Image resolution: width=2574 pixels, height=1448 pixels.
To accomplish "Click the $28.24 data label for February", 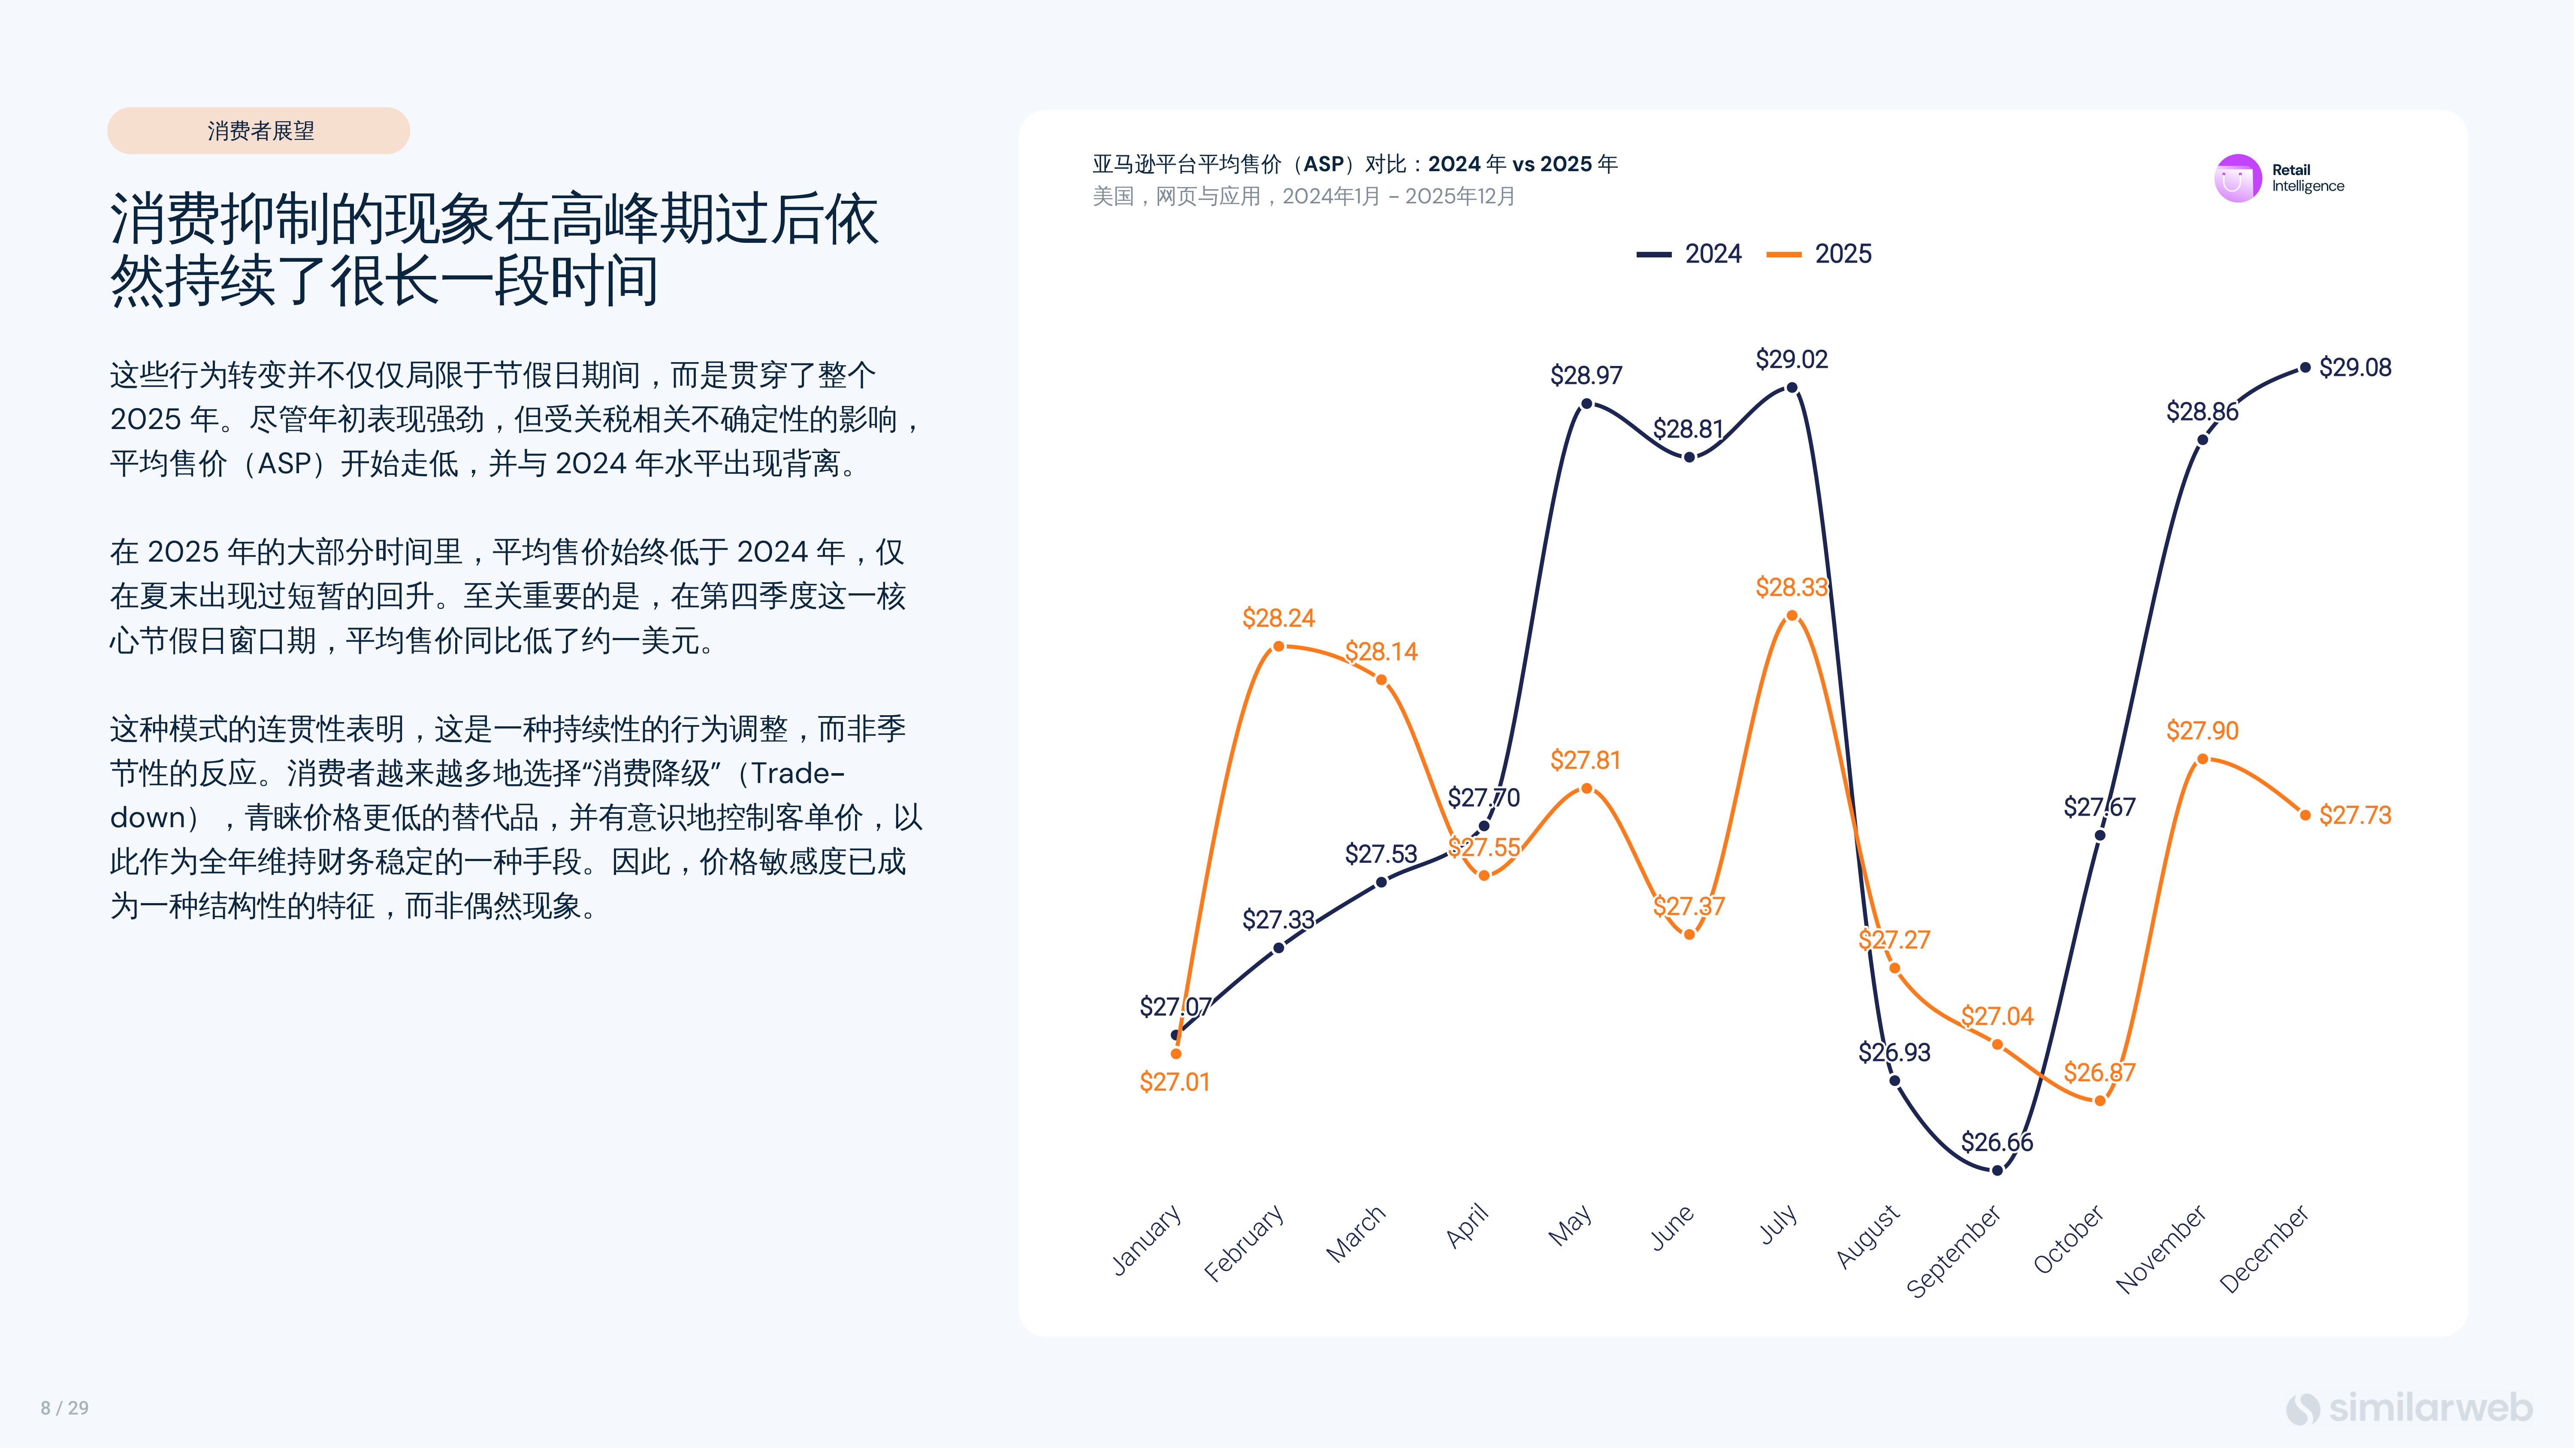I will coord(1278,619).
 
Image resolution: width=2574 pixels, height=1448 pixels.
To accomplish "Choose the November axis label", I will coord(2161,1249).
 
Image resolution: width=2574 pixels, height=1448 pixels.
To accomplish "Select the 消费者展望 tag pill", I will coord(259,131).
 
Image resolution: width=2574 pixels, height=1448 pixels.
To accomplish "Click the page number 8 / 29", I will coord(65,1408).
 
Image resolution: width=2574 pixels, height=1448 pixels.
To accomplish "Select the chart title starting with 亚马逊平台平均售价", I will coord(1354,164).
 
